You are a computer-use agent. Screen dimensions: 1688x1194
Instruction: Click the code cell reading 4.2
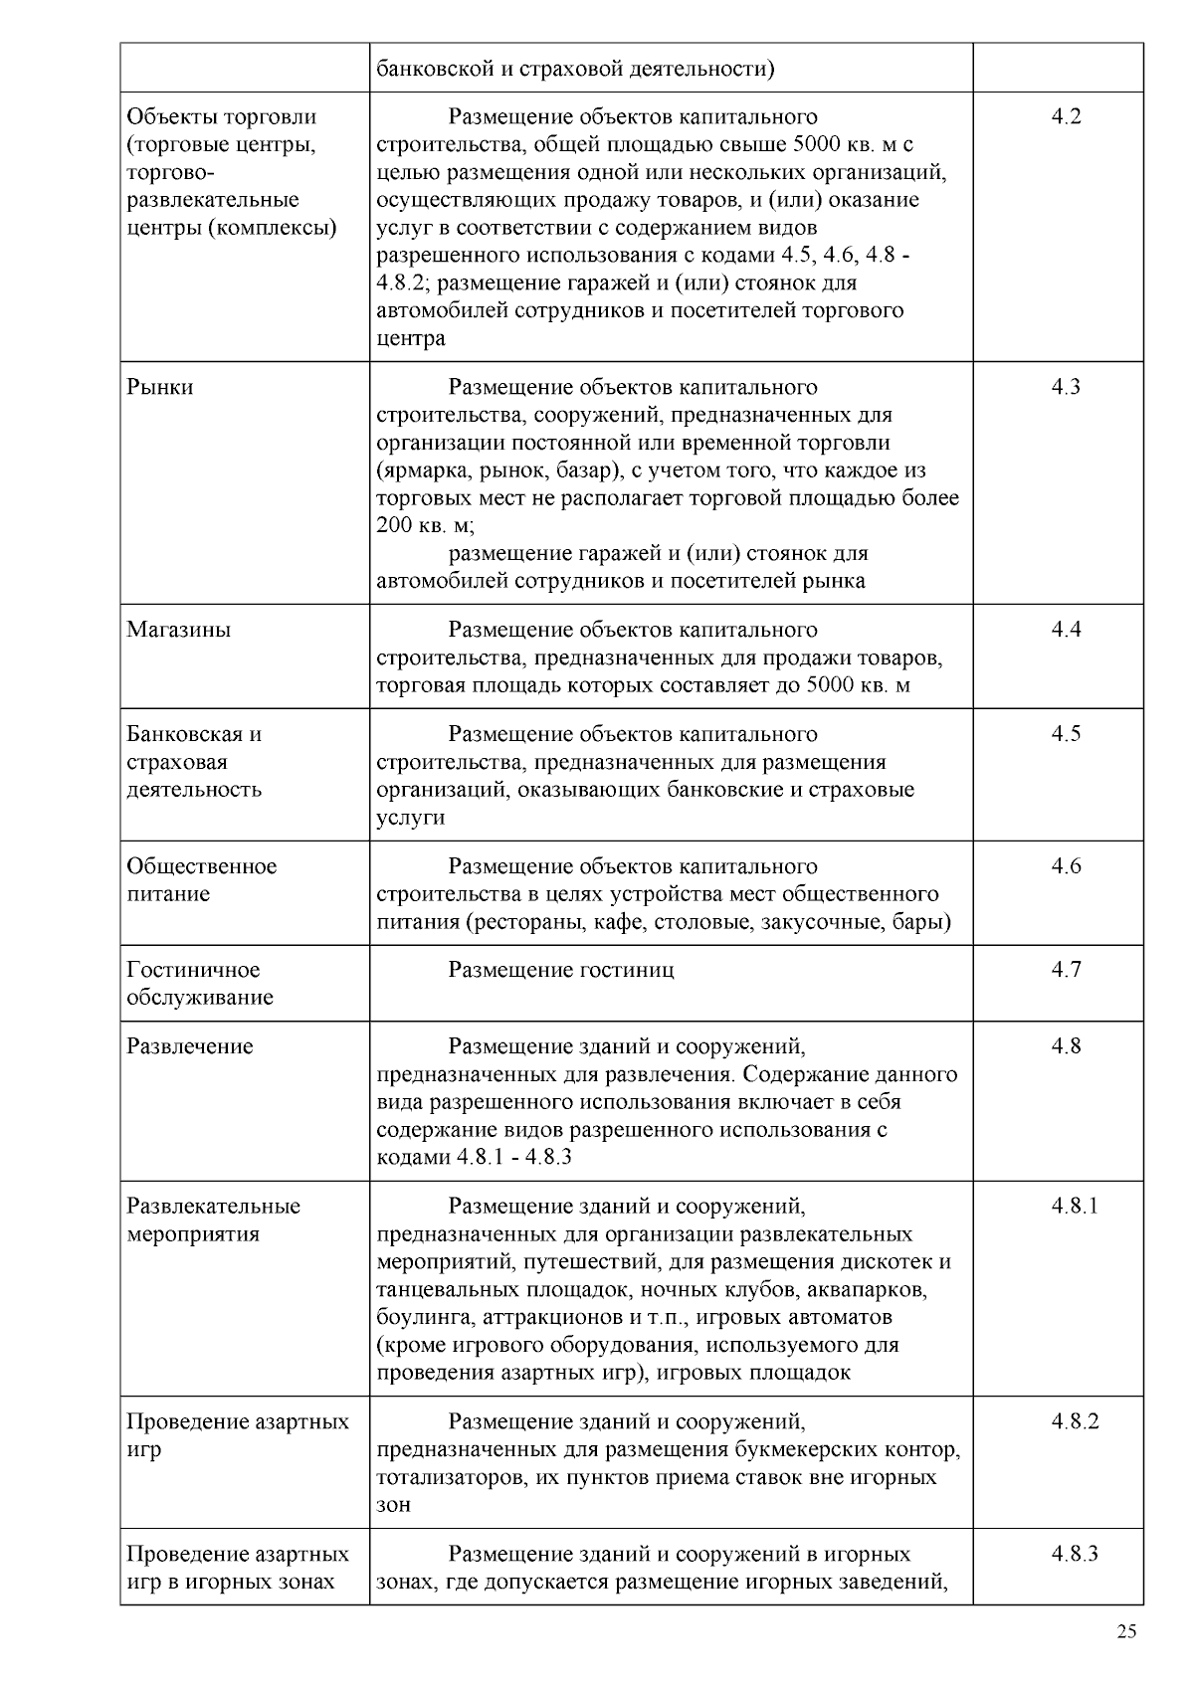click(1066, 117)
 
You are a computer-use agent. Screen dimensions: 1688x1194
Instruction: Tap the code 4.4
click(1066, 630)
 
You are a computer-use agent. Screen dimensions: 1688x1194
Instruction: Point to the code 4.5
click(1066, 734)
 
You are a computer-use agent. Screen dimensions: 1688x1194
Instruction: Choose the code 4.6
click(1066, 866)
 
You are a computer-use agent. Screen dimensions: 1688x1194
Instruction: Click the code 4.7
click(1066, 970)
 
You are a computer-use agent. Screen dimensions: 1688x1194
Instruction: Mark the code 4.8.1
click(1075, 1207)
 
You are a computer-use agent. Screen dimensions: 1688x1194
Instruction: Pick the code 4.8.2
click(1075, 1421)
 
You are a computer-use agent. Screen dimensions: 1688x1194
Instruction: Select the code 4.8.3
click(1075, 1554)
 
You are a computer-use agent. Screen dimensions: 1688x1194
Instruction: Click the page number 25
click(1126, 1632)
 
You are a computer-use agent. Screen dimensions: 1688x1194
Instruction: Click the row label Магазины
click(179, 630)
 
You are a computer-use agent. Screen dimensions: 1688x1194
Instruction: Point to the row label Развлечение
click(190, 1046)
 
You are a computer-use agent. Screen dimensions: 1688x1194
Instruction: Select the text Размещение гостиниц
click(561, 970)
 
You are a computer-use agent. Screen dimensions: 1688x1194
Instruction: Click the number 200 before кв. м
click(393, 525)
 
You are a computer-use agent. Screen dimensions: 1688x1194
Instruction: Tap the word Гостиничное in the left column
click(193, 970)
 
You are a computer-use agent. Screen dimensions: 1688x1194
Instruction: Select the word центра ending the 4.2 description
click(411, 339)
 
